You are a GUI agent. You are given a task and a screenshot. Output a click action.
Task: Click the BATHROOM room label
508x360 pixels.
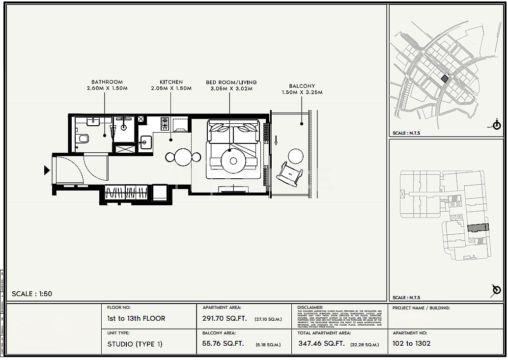[x=107, y=82]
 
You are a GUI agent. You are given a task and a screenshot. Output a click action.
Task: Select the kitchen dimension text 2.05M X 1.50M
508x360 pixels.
[x=171, y=88]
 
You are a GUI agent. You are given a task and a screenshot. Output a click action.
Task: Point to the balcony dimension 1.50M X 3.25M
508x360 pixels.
[x=302, y=92]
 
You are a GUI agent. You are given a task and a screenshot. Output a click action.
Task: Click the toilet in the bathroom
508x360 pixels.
[x=83, y=138]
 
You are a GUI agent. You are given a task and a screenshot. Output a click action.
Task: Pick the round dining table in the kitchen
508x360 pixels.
[x=183, y=157]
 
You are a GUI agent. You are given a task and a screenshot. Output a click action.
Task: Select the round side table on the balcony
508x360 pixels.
[x=296, y=156]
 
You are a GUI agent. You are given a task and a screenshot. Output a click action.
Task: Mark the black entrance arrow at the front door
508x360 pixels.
[x=47, y=170]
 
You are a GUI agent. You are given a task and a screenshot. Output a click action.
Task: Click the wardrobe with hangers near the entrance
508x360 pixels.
[x=126, y=192]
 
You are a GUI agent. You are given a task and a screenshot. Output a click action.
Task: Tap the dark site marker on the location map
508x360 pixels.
[x=445, y=79]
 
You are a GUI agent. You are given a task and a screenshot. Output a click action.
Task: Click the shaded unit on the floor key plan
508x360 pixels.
[x=478, y=227]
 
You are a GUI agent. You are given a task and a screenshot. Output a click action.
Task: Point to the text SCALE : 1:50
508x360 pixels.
[x=32, y=294]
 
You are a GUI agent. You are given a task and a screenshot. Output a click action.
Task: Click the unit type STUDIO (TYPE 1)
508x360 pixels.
[x=135, y=344]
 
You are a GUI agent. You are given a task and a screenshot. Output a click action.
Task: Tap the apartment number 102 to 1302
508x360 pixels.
[x=411, y=343]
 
